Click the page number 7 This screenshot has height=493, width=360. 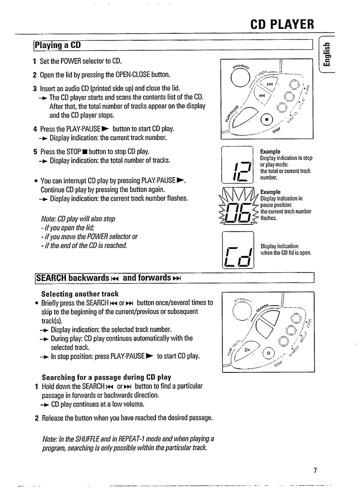pos(314,471)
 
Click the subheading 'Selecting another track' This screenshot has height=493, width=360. pos(80,294)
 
